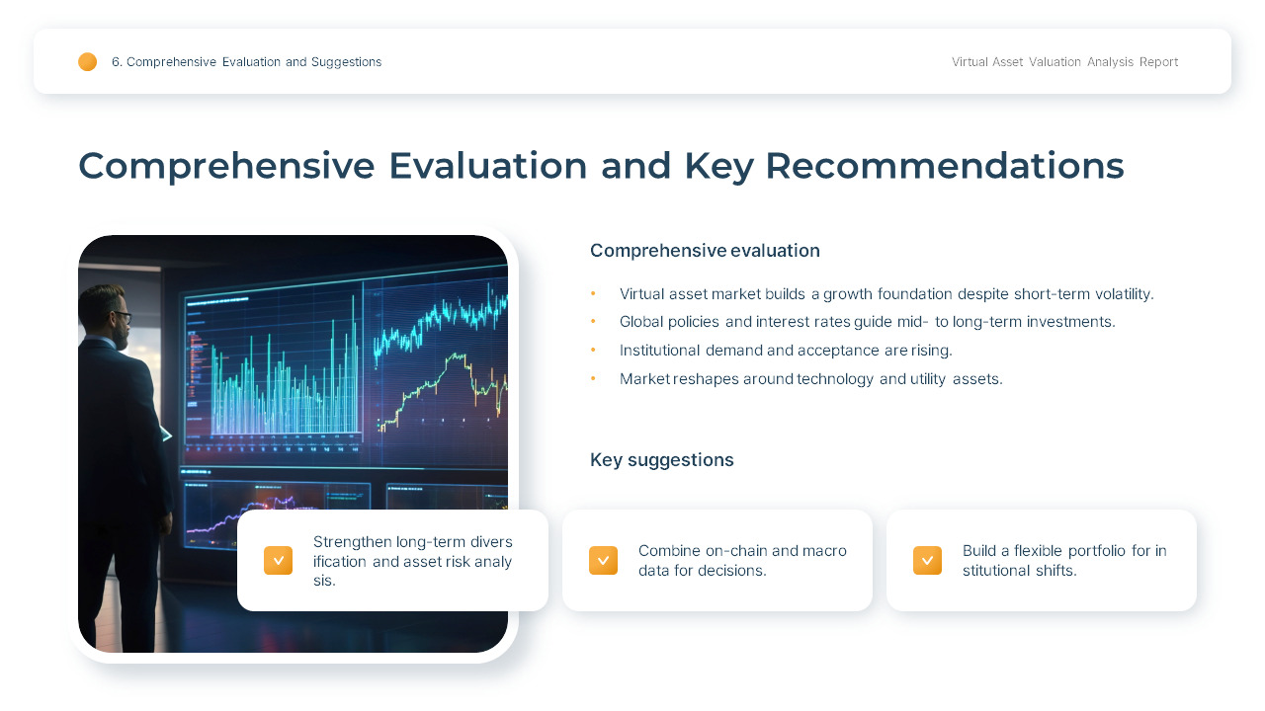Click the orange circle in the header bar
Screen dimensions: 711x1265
88,62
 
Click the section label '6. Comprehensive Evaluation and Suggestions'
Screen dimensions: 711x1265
246,62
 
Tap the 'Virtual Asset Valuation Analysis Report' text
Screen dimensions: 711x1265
1064,62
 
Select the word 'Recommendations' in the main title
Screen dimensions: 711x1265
944,166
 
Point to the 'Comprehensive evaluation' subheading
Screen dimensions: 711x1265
705,251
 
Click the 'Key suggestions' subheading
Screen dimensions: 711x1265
661,460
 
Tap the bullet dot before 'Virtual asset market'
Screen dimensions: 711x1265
593,294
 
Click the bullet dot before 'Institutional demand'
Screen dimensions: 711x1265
593,351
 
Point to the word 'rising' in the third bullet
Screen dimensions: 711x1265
931,351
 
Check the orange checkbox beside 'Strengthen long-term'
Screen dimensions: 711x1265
278,561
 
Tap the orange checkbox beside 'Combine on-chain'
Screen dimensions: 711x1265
603,561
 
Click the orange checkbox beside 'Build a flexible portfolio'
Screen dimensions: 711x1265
927,561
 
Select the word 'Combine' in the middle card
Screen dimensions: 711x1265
669,551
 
